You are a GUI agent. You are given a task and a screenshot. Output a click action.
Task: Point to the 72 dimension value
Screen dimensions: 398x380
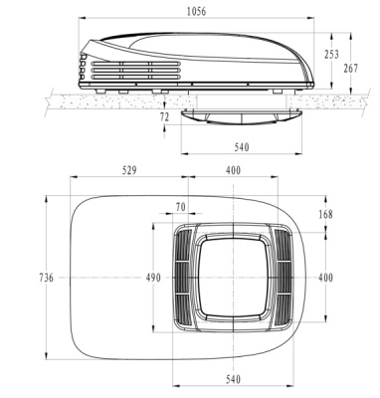(165, 117)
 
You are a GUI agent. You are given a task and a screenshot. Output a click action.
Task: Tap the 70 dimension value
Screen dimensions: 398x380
(180, 208)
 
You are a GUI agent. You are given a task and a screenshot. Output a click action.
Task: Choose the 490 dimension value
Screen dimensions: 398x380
(151, 278)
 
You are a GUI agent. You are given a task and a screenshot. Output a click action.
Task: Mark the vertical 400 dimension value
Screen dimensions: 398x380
(325, 278)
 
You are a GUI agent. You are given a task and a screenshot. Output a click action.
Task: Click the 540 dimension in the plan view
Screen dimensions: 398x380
(233, 379)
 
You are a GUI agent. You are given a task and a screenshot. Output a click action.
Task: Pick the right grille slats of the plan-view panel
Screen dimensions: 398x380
(285, 278)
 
